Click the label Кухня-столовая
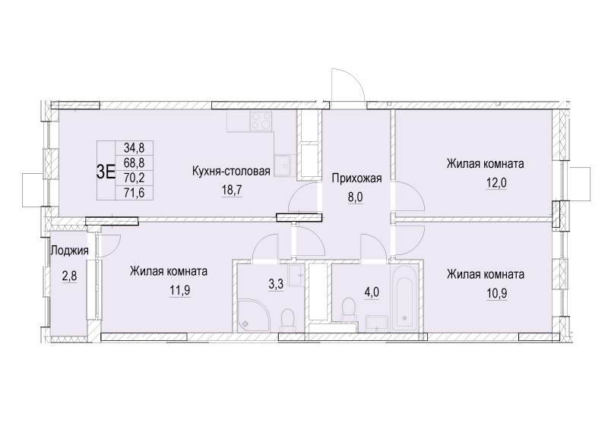231,172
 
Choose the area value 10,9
486,290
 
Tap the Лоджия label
69,251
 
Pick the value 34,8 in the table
134,150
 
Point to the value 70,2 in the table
134,178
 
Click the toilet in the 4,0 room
350,308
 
